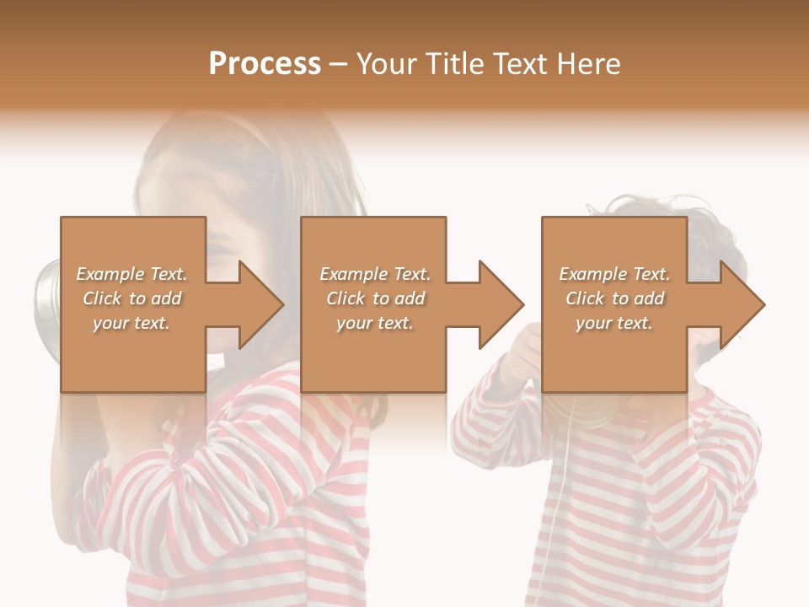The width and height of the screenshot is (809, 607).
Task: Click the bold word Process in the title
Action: click(265, 64)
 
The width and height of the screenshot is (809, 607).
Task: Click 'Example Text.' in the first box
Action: click(131, 274)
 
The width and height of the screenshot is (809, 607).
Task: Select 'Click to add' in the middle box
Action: click(375, 298)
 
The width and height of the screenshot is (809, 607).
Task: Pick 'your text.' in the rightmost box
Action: click(613, 323)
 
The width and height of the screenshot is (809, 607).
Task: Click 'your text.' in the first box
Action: click(131, 323)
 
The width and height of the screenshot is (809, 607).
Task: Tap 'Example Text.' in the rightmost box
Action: click(613, 274)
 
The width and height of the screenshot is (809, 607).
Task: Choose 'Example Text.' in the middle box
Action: click(375, 274)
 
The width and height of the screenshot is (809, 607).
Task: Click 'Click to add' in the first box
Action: click(131, 298)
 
